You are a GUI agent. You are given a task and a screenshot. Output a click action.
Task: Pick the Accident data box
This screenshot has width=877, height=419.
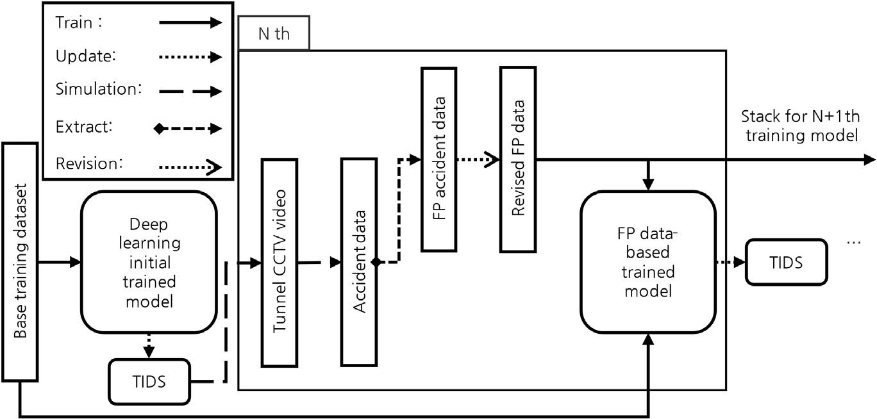(x=360, y=261)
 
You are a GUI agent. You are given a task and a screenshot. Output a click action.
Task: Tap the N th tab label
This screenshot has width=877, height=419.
(x=273, y=34)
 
